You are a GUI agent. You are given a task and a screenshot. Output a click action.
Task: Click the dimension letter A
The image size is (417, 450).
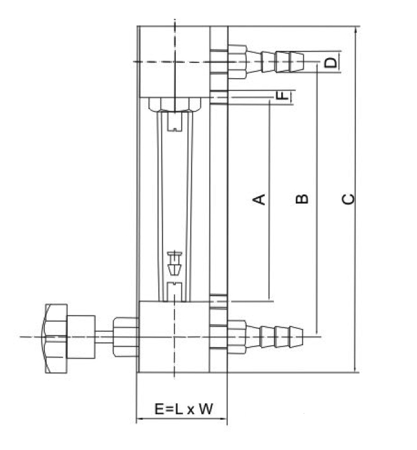pos(259,199)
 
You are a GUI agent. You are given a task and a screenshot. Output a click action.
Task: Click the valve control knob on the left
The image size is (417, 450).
pos(55,336)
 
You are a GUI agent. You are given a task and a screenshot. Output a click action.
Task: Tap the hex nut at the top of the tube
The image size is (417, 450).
pos(174,105)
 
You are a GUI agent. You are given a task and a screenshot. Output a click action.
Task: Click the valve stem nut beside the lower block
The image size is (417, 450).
pos(127,336)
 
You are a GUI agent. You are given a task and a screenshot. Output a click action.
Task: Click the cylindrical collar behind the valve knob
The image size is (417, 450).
pos(81,336)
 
